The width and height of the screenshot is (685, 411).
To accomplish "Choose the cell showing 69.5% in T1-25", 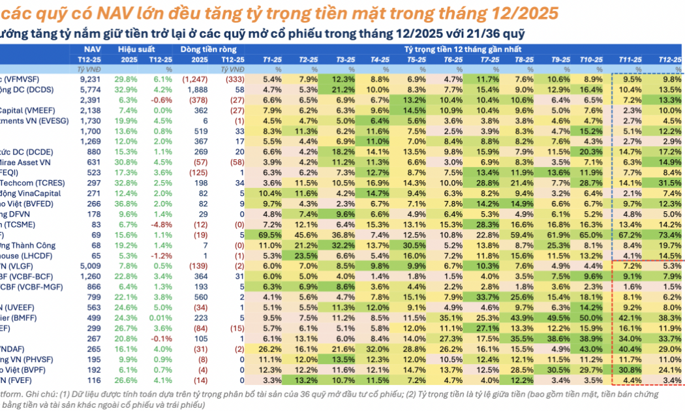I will pos(273,234).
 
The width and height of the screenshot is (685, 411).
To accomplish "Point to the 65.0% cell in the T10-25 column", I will pos(592,234).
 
